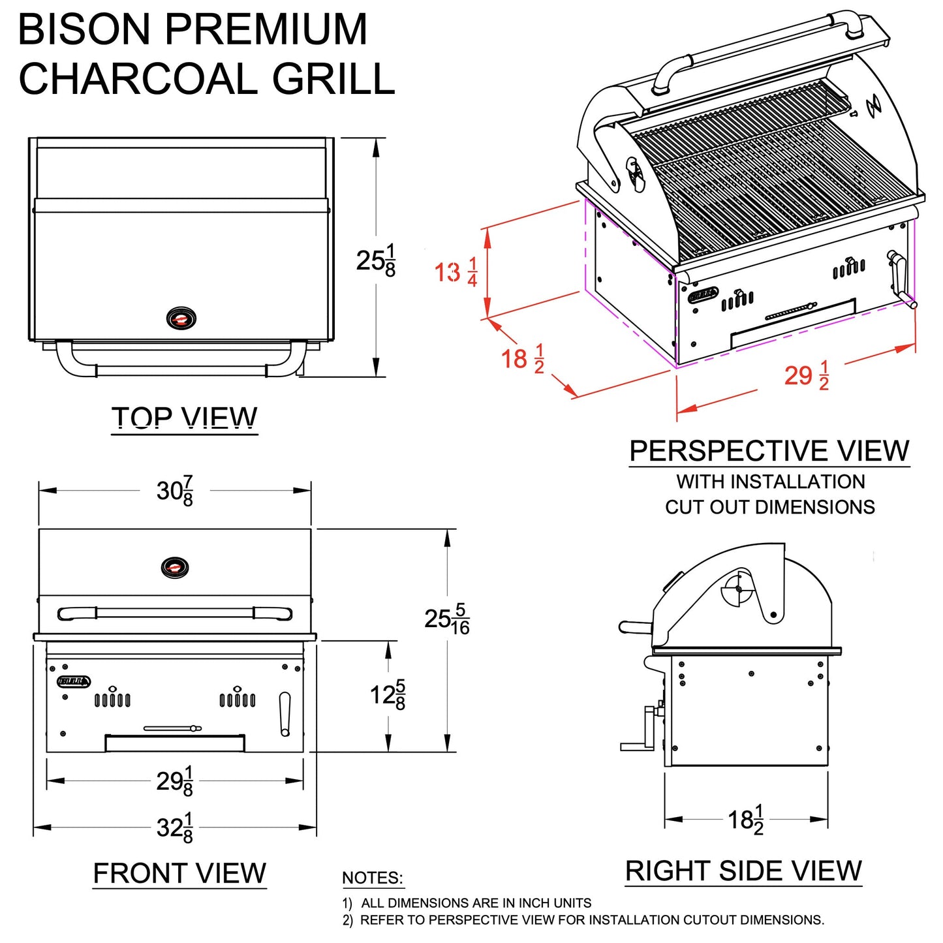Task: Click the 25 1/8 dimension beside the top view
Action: pyautogui.click(x=376, y=260)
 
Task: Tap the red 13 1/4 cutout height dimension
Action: pyautogui.click(x=456, y=272)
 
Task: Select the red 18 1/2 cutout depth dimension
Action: pyautogui.click(x=522, y=359)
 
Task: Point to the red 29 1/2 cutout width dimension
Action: pyautogui.click(x=807, y=376)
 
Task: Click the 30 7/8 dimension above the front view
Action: pyautogui.click(x=175, y=491)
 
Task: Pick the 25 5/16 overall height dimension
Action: pyautogui.click(x=447, y=619)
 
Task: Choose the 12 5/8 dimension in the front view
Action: pyautogui.click(x=388, y=695)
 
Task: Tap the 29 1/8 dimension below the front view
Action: pyautogui.click(x=175, y=781)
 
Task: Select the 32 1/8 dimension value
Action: pyautogui.click(x=175, y=828)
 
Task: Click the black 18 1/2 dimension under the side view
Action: pyautogui.click(x=746, y=820)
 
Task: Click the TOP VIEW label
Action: pyautogui.click(x=185, y=418)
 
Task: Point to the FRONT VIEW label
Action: pyautogui.click(x=179, y=873)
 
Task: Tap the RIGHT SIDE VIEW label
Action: pyautogui.click(x=743, y=871)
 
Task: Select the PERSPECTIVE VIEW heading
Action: pyautogui.click(x=769, y=451)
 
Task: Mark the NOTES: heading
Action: pyautogui.click(x=373, y=878)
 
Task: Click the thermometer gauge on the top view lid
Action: pyautogui.click(x=181, y=318)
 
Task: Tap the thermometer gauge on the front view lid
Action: pyautogui.click(x=175, y=567)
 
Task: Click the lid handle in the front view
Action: pyautogui.click(x=175, y=613)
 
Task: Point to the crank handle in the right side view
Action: pyautogui.click(x=643, y=731)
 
